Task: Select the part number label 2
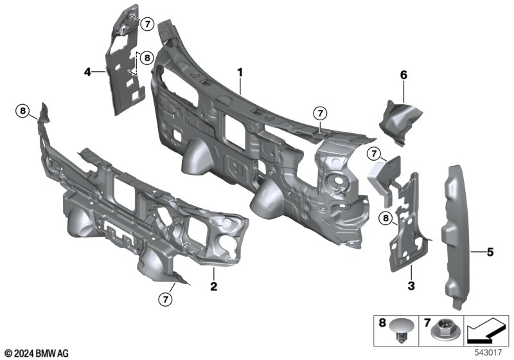pyautogui.click(x=213, y=283)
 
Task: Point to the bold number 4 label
pyautogui.click(x=87, y=72)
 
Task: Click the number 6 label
pyautogui.click(x=404, y=75)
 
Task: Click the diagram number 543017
pyautogui.click(x=488, y=353)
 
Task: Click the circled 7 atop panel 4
pyautogui.click(x=146, y=24)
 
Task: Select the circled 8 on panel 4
pyautogui.click(x=146, y=58)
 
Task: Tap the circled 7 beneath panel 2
pyautogui.click(x=166, y=298)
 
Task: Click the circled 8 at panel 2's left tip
pyautogui.click(x=23, y=112)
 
